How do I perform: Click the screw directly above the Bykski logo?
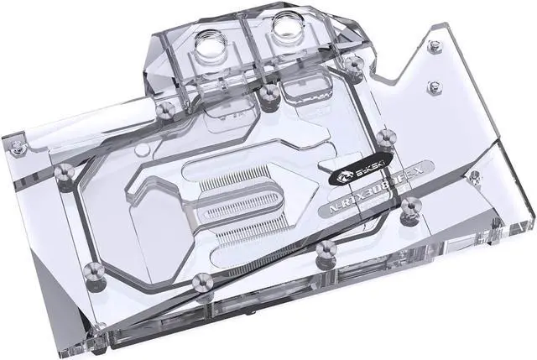[x=386, y=134]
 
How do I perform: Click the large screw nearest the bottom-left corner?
[x=95, y=270]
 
